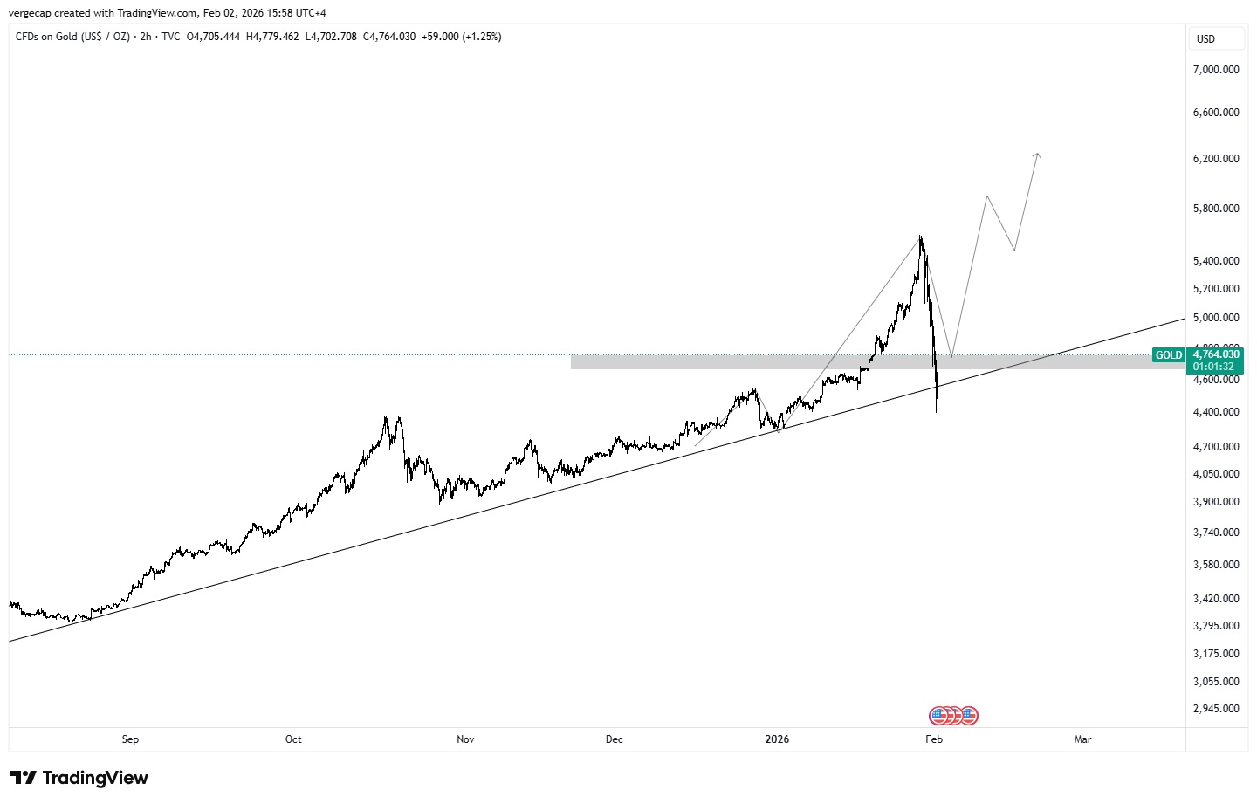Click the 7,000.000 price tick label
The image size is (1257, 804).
point(1216,70)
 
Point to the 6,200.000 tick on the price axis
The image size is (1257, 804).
point(1216,159)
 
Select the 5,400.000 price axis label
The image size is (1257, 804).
point(1216,261)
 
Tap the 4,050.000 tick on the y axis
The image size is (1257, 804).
point(1216,474)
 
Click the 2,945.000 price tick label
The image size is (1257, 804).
point(1216,709)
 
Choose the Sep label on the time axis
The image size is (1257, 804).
point(130,739)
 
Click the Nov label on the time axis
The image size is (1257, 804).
point(465,739)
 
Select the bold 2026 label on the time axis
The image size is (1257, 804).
point(777,739)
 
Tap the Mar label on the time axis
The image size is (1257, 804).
point(1082,739)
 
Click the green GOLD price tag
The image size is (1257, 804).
point(1168,355)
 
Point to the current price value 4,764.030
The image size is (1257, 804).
point(1216,354)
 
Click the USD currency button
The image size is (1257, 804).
point(1205,39)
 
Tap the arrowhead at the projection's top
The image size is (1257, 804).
point(1037,155)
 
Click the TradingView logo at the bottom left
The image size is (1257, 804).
point(79,778)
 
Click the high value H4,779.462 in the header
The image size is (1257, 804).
point(272,37)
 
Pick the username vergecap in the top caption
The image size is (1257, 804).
point(30,13)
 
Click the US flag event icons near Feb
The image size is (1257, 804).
point(953,716)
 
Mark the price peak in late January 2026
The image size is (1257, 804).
point(920,237)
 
